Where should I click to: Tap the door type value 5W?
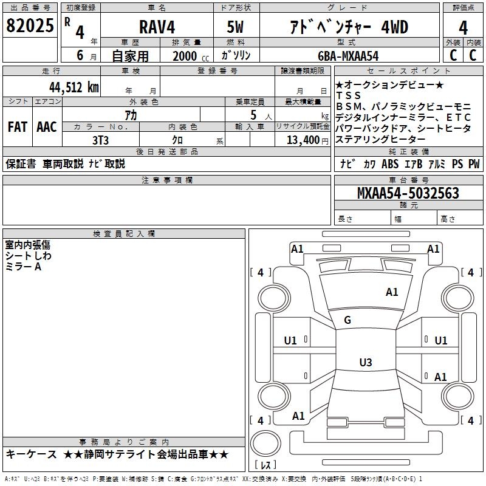[236, 27]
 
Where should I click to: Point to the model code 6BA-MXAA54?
[349, 56]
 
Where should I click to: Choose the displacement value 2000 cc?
[187, 56]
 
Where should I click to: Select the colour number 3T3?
[100, 140]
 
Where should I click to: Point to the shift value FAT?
[17, 127]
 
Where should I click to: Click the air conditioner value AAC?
[46, 127]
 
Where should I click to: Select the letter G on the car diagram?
[347, 320]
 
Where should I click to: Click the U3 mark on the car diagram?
[365, 363]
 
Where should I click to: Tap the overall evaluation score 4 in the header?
[463, 27]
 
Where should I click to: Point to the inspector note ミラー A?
[24, 267]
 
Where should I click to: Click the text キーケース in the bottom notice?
[30, 454]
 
